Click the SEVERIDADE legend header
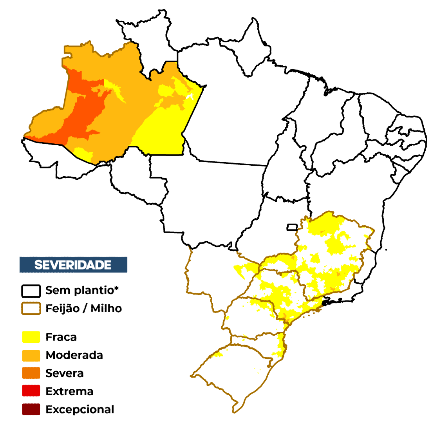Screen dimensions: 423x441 (73, 265)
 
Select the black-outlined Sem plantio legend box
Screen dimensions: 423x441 (31, 291)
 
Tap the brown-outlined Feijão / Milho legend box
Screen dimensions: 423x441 (31, 309)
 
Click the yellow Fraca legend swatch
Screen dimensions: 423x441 (31, 337)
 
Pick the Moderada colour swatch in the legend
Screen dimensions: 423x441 (31, 355)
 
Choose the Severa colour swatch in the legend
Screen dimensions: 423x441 (31, 373)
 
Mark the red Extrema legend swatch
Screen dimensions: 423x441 (31, 391)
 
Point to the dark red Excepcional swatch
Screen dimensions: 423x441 (31, 409)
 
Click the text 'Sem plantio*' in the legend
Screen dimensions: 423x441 (82, 291)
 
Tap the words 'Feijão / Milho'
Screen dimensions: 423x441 (83, 309)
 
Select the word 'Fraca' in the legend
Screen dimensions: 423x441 (61, 337)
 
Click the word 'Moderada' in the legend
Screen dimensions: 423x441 (74, 355)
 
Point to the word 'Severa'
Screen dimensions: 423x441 (65, 373)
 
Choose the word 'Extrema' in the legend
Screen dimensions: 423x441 (69, 391)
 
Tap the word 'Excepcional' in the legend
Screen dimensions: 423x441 (80, 409)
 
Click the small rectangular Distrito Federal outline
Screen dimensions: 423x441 (292, 227)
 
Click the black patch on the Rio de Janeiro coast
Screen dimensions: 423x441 (325, 303)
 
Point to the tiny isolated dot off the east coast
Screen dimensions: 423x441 (386, 250)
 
